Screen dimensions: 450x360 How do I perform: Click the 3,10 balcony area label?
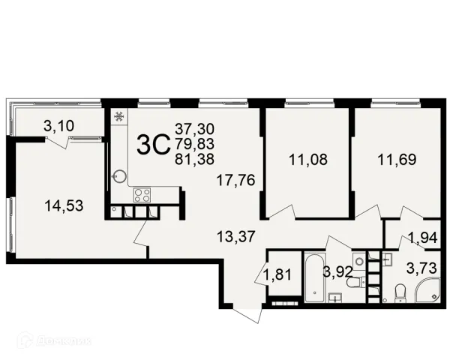pos(58,126)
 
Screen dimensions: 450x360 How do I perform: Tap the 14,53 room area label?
pos(64,205)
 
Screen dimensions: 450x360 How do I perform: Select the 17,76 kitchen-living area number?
pos(236,180)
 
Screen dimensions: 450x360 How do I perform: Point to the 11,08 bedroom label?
pos(308,160)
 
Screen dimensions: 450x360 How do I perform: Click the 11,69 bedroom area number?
pos(397,160)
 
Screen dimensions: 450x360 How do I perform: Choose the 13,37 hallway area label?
pos(236,236)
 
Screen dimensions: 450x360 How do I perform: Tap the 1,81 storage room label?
pos(277,274)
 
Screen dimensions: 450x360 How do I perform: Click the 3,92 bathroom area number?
pos(337,271)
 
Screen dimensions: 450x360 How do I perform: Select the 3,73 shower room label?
pos(421,268)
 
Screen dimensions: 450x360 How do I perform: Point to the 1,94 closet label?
pos(423,238)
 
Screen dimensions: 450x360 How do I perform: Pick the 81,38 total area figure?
pos(194,159)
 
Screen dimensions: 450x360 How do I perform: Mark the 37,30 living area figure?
pos(194,129)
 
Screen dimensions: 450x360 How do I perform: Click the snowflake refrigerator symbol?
pos(118,116)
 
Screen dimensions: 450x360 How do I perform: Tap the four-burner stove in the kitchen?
pos(142,195)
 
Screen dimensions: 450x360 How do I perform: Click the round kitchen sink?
pos(119,176)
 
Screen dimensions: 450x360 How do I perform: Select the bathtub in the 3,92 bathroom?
pos(315,277)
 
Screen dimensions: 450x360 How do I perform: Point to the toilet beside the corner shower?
pos(400,292)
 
